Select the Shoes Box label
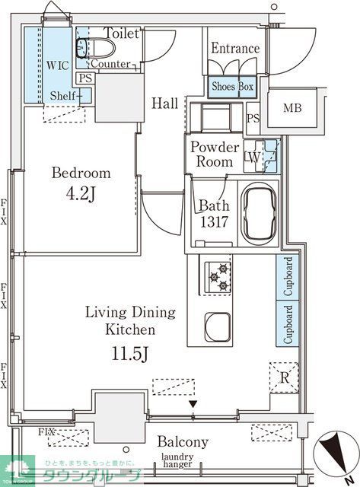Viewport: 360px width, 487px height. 232,87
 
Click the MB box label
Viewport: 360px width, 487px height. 292,107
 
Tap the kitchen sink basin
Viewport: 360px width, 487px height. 218,326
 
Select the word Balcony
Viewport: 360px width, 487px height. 183,442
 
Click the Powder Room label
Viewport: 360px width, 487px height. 215,154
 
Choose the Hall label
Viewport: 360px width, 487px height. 165,103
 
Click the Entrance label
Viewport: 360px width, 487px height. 235,49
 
